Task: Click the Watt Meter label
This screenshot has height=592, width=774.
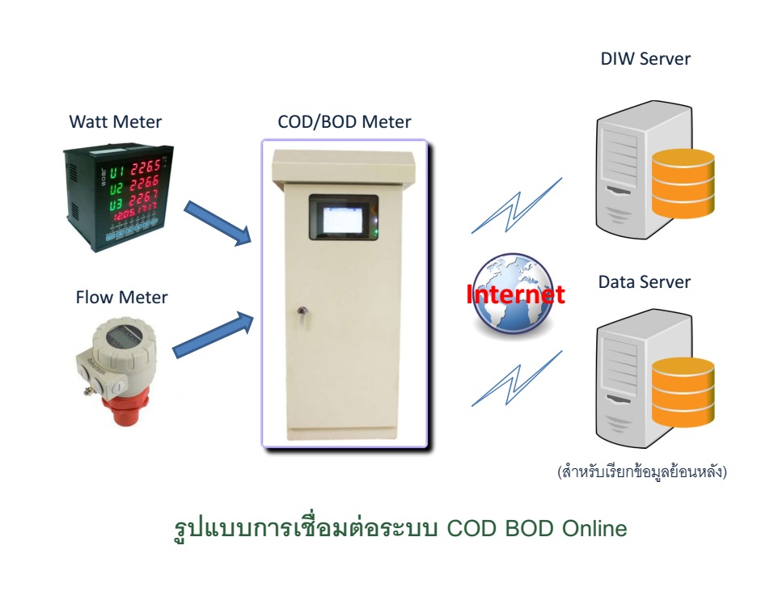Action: pyautogui.click(x=115, y=122)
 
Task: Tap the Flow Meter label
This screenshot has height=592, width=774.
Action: pyautogui.click(x=121, y=298)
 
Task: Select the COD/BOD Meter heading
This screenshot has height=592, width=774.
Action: pyautogui.click(x=344, y=122)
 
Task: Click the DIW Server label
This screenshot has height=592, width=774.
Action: pyautogui.click(x=645, y=59)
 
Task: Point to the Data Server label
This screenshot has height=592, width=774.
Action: pyautogui.click(x=644, y=282)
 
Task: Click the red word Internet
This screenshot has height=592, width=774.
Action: pyautogui.click(x=515, y=294)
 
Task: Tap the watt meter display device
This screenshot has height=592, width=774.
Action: pyautogui.click(x=118, y=191)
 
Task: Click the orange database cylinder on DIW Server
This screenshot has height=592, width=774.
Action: pyautogui.click(x=683, y=184)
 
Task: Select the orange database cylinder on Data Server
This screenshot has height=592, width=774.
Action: pyautogui.click(x=683, y=393)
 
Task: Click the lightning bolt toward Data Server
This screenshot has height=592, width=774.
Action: pyautogui.click(x=518, y=380)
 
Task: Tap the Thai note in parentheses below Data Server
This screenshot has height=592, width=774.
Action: pyautogui.click(x=641, y=471)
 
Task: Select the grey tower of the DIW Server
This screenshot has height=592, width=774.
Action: pyautogui.click(x=621, y=174)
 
